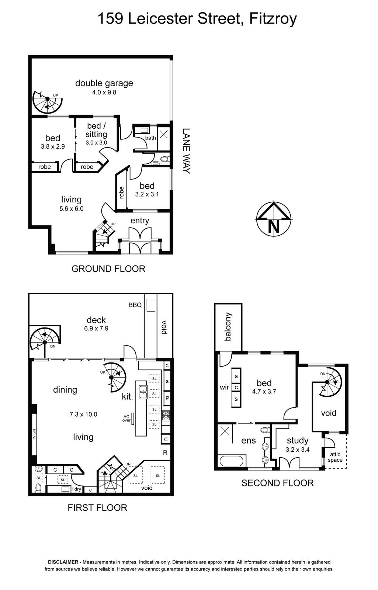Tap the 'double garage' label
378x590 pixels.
pos(104,83)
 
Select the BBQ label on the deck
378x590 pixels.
pos(135,305)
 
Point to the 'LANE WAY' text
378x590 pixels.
pos(186,151)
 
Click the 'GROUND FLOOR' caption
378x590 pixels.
pos(108,269)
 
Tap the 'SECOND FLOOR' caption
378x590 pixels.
pos(277,483)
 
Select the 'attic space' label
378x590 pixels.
pos(335,457)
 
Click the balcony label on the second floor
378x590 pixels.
pos(228,327)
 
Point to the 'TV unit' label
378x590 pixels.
pos(34,434)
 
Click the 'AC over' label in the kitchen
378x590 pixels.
pos(126,418)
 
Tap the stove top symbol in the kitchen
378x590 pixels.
pos(166,415)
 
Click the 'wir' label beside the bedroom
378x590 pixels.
pos(224,387)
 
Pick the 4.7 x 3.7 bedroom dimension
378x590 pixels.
pos(264,392)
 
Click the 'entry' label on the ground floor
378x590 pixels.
pos(140,221)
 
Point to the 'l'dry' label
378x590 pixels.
pos(77,489)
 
